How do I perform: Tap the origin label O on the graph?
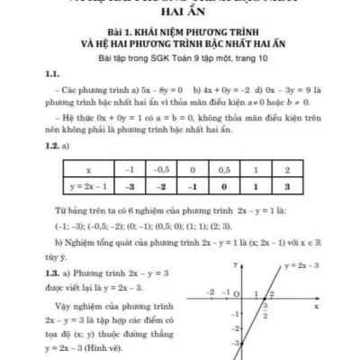tap(236, 292)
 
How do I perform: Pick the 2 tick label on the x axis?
tap(272, 292)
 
